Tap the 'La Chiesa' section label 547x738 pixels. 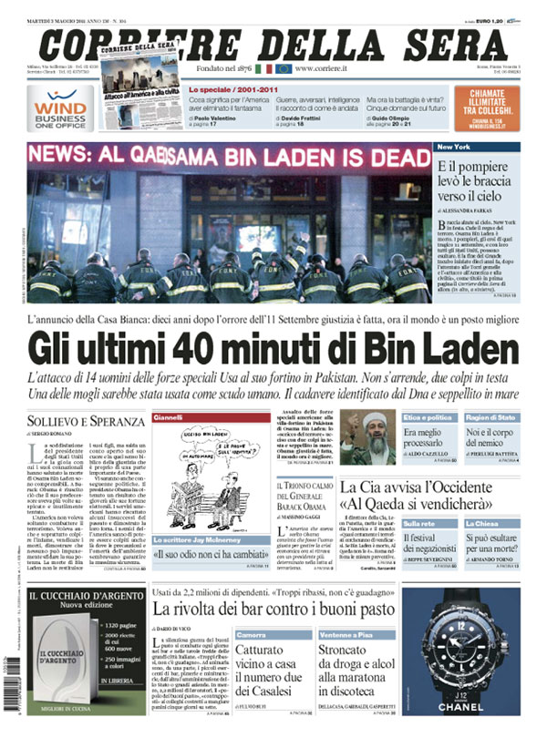coord(508,524)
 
